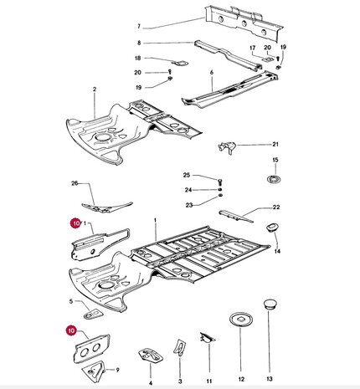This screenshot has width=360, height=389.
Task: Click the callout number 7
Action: click(139, 27)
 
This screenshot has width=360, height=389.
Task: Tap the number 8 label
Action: click(139, 43)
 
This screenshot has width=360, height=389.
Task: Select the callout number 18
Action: click(138, 58)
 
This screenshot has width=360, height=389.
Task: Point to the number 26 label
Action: click(75, 183)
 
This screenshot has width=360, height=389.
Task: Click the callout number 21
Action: click(275, 144)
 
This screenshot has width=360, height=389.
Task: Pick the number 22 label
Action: click(276, 207)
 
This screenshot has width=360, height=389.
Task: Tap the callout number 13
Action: click(270, 379)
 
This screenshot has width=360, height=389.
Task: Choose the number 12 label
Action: click(241, 379)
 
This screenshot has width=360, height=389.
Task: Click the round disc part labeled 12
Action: click(241, 320)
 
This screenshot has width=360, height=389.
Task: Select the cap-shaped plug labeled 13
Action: click(270, 304)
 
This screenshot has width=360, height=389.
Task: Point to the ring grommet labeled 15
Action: click(274, 179)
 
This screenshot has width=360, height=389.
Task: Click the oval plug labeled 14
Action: click(272, 227)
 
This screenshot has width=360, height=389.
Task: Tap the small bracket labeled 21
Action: click(227, 147)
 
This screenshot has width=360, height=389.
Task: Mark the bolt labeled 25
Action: click(219, 183)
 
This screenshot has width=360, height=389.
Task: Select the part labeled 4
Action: click(151, 355)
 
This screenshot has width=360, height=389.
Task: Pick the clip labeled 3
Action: click(180, 347)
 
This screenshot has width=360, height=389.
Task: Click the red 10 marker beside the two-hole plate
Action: click(71, 330)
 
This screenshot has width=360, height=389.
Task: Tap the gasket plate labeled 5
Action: click(93, 314)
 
